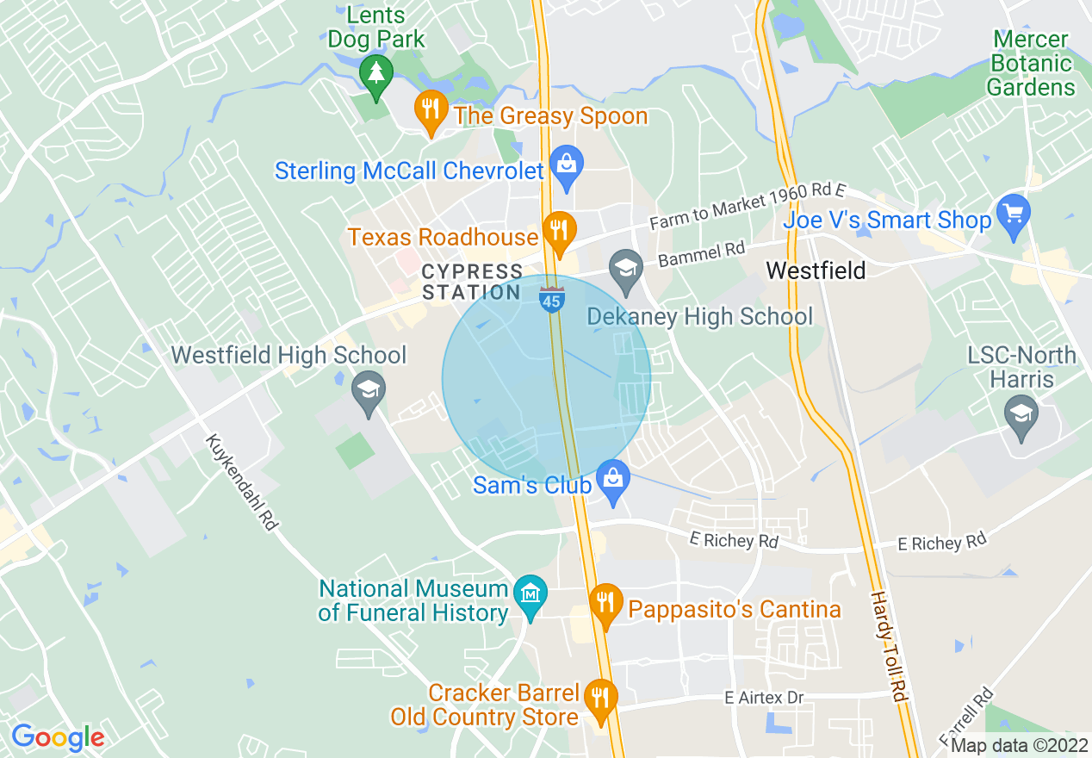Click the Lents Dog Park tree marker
pos(375,71)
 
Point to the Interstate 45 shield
pos(551,299)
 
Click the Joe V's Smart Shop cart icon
pos(1013,214)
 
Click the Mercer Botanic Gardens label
pos(1031,64)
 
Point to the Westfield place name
pos(815,270)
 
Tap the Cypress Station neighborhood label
pos(472,283)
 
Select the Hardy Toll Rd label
pos(889,646)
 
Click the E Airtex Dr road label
pos(764,698)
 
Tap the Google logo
pos(58,737)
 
